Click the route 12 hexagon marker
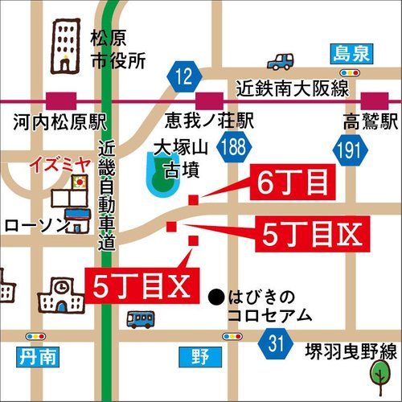(183, 77)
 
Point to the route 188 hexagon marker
(235, 146)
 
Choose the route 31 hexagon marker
(276, 345)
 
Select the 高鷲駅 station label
(369, 123)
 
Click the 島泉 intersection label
(351, 53)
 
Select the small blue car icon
(281, 61)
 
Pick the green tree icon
(379, 373)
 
